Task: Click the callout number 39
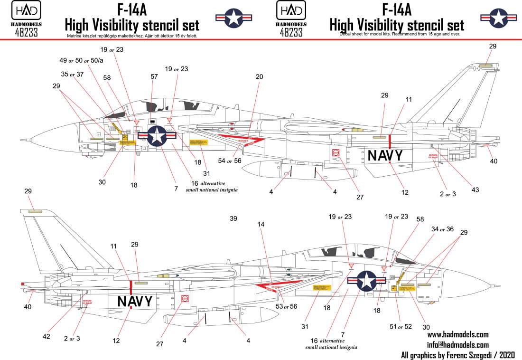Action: click(x=233, y=219)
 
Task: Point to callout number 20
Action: click(x=259, y=76)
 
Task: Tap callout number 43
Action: click(x=475, y=189)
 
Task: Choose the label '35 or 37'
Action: click(x=73, y=75)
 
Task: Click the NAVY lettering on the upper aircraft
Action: click(x=385, y=156)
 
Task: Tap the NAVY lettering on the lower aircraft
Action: click(x=135, y=301)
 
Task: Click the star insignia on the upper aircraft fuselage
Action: click(x=157, y=136)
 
